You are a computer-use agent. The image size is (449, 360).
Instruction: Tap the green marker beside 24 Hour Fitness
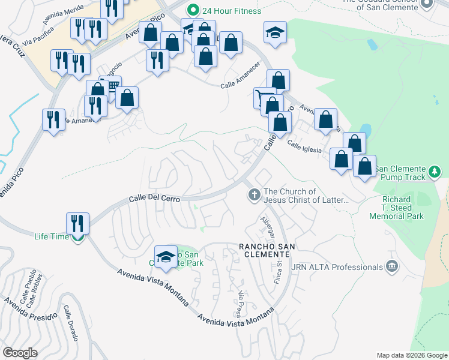193,10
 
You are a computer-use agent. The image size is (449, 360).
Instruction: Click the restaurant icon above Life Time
77,223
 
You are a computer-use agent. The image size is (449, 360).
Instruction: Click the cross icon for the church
254,195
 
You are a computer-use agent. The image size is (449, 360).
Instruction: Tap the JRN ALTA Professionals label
337,266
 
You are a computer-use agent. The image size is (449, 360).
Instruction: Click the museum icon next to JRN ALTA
392,266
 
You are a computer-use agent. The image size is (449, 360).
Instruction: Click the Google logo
20,353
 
